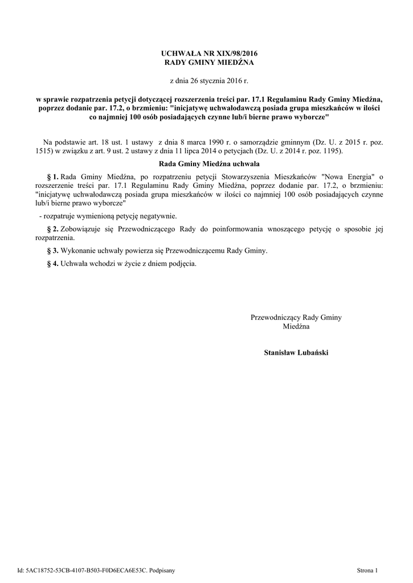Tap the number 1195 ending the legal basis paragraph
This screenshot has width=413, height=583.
[329, 151]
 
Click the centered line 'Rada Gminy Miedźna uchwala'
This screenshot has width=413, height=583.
[206, 164]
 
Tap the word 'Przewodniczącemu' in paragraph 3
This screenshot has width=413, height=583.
[194, 251]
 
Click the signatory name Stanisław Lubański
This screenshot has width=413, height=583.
[296, 352]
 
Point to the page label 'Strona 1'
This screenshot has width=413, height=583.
[367, 569]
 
